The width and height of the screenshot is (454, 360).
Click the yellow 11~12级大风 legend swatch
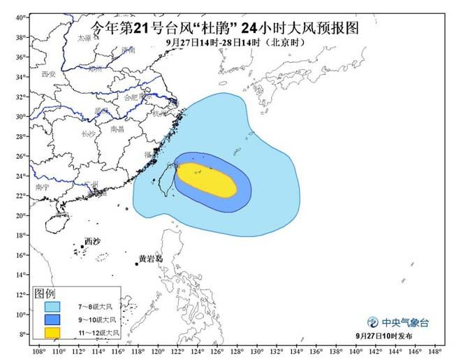(52, 333)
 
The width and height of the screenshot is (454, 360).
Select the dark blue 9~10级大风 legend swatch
(52, 319)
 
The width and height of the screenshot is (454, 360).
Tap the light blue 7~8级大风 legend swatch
(52, 306)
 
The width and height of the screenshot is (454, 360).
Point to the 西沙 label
(92, 241)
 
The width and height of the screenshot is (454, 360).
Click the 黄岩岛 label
(150, 259)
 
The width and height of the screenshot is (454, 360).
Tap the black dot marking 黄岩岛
(137, 264)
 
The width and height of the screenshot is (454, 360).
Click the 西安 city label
(47, 73)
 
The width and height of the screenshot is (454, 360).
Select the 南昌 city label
(117, 129)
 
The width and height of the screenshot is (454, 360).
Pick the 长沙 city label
(88, 134)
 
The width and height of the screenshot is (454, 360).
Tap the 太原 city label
(85, 38)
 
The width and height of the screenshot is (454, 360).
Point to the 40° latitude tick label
(21, 17)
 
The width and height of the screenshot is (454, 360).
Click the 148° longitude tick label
(436, 352)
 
